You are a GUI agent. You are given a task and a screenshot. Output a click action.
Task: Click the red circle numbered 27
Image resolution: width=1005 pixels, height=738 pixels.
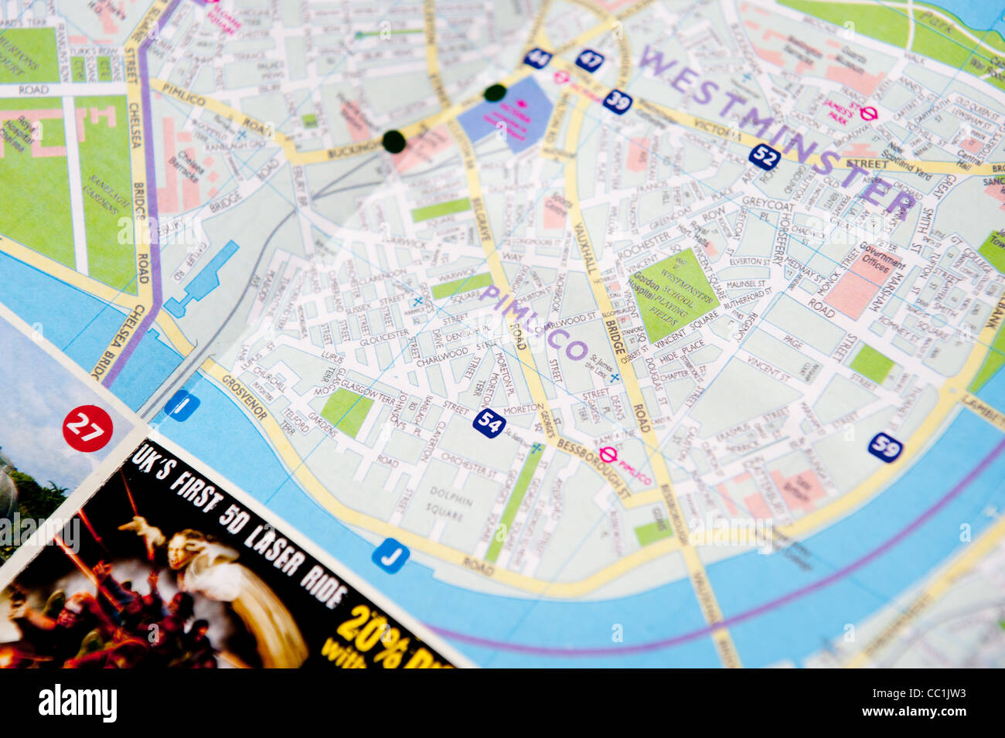[87, 428]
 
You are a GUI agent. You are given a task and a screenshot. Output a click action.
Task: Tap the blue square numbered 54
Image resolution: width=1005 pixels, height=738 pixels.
[489, 423]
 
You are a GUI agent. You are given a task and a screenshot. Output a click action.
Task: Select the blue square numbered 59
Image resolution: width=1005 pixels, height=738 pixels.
[885, 447]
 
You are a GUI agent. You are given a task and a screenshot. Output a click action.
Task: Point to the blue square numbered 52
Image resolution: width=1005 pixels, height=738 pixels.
[764, 157]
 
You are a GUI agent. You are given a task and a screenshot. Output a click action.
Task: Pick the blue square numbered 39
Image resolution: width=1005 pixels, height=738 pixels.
[618, 101]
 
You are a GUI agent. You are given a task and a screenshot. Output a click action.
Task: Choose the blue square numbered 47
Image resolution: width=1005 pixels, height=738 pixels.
[590, 60]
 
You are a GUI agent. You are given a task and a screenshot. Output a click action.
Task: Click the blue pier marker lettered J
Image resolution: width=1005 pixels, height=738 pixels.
[390, 555]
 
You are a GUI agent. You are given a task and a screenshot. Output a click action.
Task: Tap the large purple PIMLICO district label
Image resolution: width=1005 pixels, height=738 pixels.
[533, 322]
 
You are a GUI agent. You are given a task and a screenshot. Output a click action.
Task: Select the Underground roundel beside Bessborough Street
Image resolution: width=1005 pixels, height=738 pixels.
[608, 455]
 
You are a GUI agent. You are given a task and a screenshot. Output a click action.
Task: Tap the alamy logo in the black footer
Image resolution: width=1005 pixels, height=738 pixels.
[77, 703]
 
